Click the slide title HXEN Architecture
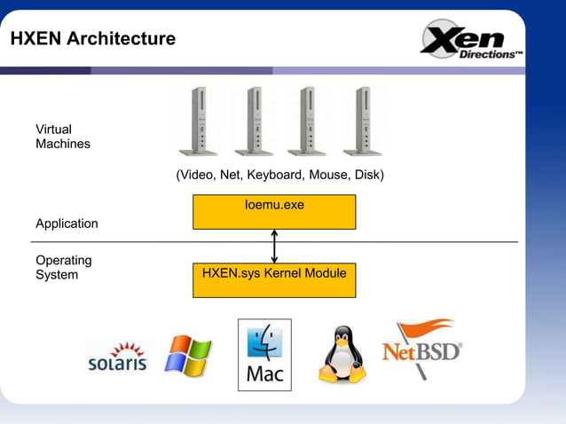[x=93, y=39]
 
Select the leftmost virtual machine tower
[x=200, y=122]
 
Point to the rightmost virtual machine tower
[x=362, y=122]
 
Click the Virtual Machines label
[x=62, y=137]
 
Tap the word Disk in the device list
[x=365, y=175]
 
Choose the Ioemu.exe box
[x=274, y=211]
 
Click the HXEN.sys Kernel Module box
[x=274, y=279]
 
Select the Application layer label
[x=67, y=224]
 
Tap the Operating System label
[x=63, y=268]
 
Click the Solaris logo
[x=117, y=357]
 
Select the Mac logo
[x=264, y=355]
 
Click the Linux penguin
[x=342, y=355]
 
